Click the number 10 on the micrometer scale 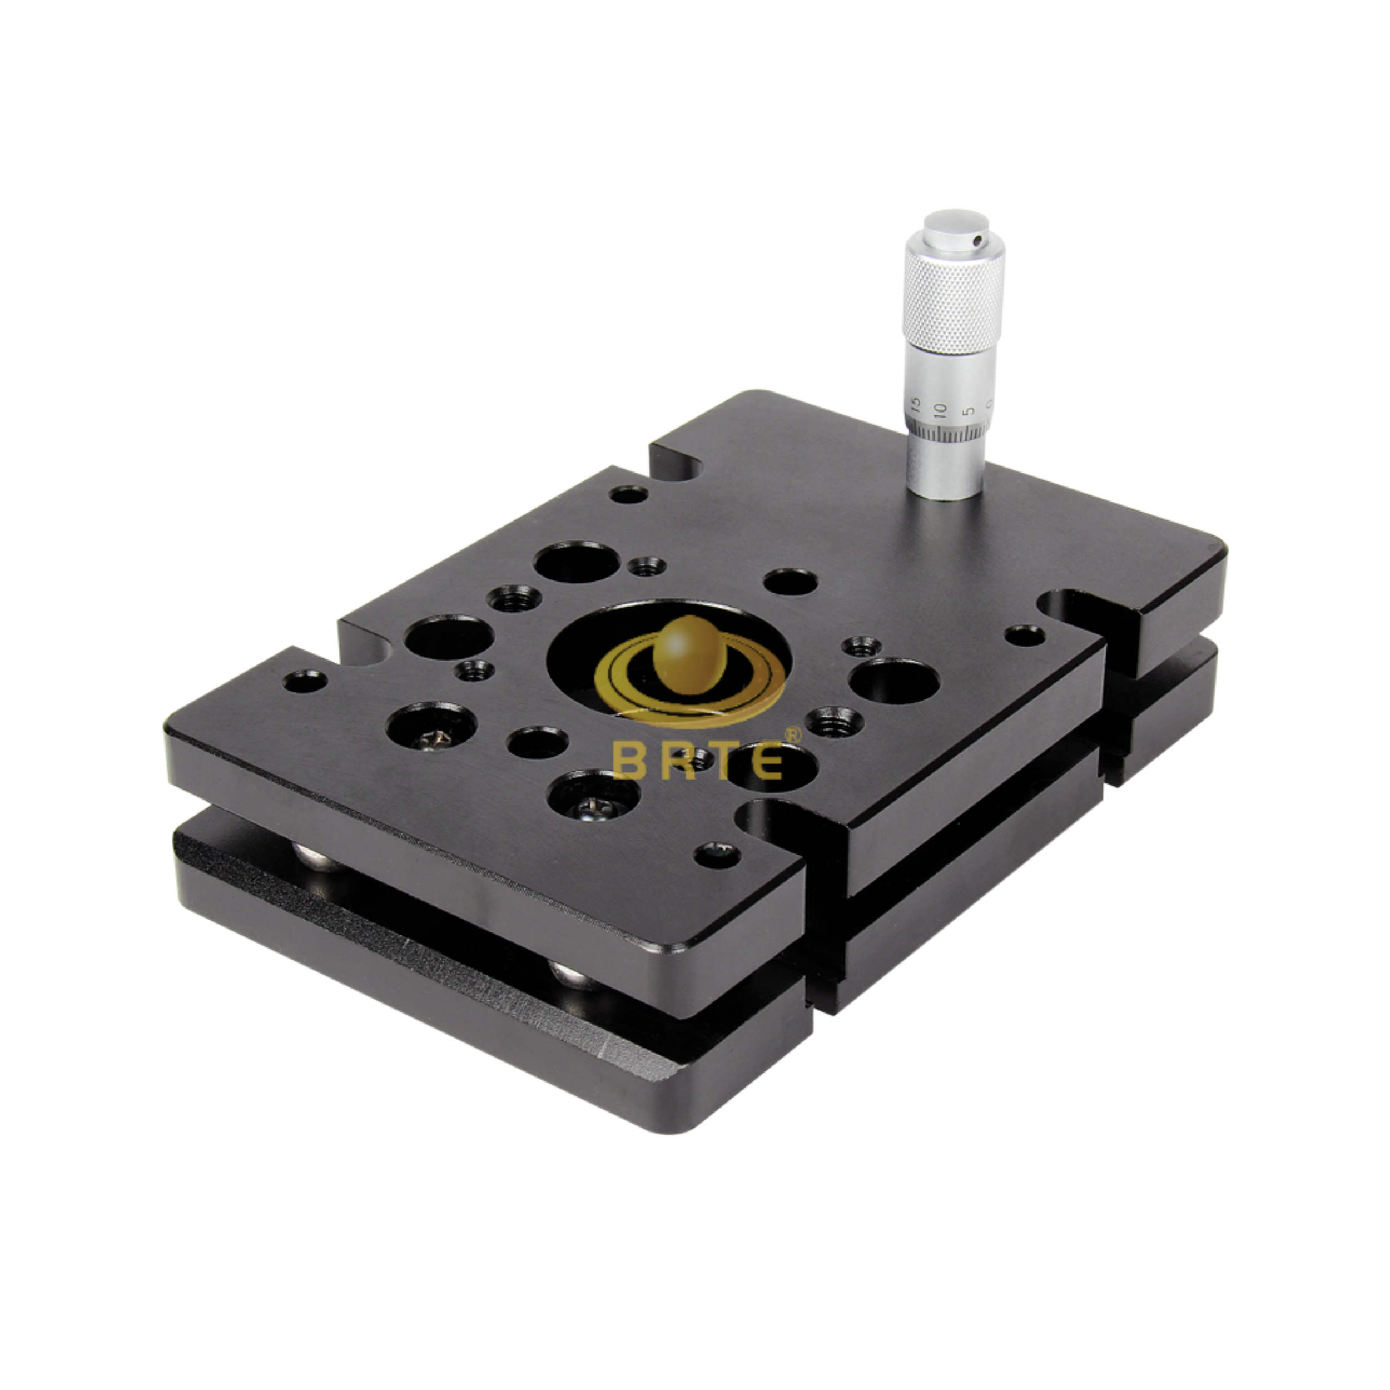point(940,410)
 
